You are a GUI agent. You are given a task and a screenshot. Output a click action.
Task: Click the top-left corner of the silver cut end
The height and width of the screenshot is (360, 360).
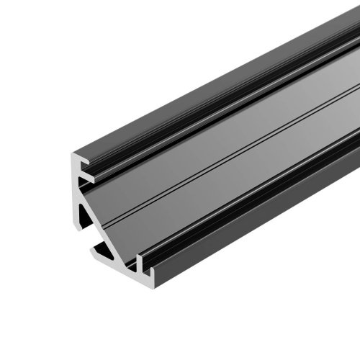[x=71, y=153]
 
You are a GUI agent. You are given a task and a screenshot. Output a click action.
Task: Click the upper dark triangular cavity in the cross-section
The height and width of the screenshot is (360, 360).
[x=87, y=209]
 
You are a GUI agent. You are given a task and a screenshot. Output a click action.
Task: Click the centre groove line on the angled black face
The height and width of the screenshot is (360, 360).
[x=238, y=155]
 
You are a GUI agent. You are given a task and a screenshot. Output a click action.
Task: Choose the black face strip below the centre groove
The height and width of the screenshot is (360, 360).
[x=238, y=180]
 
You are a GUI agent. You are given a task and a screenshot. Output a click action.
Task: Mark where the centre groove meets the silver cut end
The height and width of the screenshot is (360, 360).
[x=115, y=216]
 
